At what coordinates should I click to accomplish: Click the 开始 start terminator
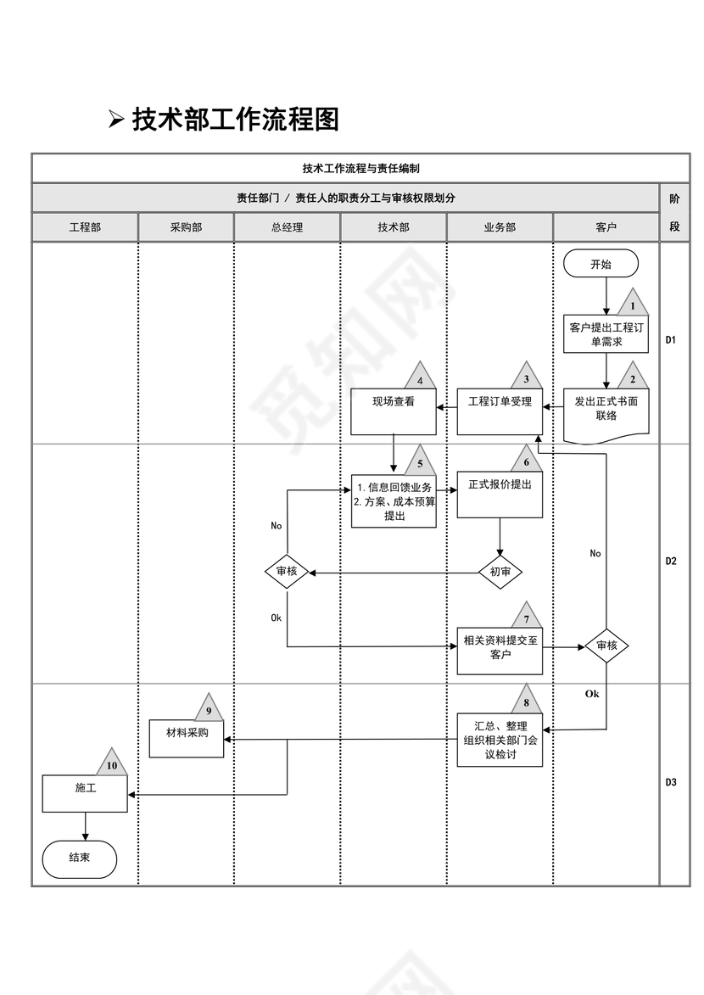[x=600, y=264]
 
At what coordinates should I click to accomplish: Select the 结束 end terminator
[x=80, y=858]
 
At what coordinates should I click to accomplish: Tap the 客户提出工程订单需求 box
[x=606, y=334]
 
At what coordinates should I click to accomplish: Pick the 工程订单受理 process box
[x=500, y=411]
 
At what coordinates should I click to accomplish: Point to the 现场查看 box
[x=394, y=411]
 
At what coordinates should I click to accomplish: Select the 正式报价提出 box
[x=500, y=495]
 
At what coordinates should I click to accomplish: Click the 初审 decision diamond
[x=500, y=573]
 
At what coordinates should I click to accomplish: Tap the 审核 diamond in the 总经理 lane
[x=287, y=573]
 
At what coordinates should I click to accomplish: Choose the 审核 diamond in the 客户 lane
[x=606, y=646]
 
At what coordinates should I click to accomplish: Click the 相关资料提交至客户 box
[x=500, y=649]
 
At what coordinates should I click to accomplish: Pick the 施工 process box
[x=85, y=793]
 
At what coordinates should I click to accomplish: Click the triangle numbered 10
[x=112, y=764]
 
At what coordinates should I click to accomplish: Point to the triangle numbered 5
[x=420, y=463]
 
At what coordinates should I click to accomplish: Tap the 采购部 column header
[x=187, y=227]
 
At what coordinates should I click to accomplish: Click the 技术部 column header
[x=394, y=227]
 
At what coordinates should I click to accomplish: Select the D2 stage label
[x=671, y=562]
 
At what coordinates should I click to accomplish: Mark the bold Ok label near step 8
[x=592, y=694]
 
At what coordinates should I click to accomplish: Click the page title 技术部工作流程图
[x=235, y=120]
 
